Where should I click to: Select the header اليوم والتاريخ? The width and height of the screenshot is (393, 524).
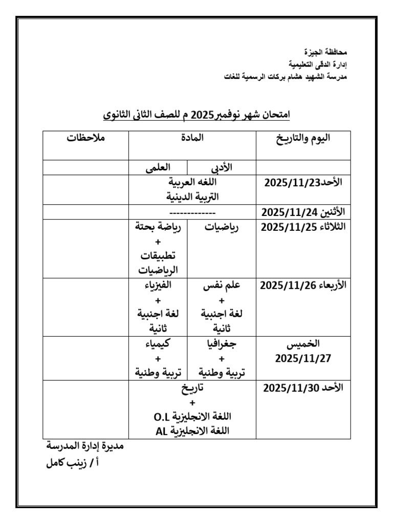(x=303, y=138)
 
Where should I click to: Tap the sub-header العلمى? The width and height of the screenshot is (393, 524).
(x=158, y=168)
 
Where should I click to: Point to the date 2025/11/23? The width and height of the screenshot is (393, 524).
(x=285, y=183)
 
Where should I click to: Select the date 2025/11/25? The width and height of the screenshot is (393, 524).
(x=283, y=228)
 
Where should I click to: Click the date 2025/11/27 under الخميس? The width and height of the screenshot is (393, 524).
(x=303, y=358)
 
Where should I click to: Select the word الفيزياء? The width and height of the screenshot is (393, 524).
(x=158, y=286)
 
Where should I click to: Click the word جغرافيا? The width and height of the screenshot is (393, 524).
(x=222, y=344)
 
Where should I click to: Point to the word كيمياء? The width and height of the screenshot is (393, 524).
(x=158, y=344)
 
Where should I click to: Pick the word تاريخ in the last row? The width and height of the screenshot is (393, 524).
(x=192, y=388)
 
